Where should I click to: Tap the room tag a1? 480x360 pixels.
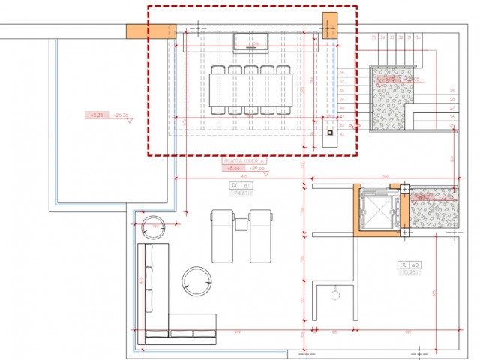[241, 184]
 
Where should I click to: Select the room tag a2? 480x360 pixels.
[409, 265]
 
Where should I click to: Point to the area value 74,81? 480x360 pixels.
[241, 193]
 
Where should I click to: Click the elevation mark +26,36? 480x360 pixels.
[121, 115]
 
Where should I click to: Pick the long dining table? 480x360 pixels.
[250, 90]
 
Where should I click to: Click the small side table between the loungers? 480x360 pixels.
[241, 223]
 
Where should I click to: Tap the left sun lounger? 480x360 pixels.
[223, 235]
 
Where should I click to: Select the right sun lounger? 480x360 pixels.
[259, 235]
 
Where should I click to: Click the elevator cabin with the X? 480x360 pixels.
[375, 209]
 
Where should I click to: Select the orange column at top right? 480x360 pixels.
[331, 24]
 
